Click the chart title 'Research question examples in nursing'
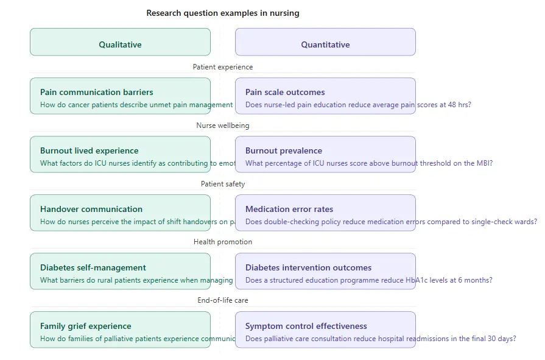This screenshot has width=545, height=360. point(223,13)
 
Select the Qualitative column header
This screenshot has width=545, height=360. point(120,44)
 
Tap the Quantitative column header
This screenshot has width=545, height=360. point(325,44)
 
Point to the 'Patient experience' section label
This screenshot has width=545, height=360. point(223,67)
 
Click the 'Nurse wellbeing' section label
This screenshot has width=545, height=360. point(223,125)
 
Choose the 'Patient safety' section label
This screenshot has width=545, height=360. point(223,184)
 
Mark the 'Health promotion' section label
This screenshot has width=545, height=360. point(223,242)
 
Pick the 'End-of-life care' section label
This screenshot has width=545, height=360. point(223,300)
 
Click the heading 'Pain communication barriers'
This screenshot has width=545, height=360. point(97,92)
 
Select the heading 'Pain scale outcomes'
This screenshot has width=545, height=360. point(285,92)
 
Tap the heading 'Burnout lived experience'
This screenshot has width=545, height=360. point(90,150)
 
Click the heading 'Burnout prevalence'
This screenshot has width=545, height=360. point(284,150)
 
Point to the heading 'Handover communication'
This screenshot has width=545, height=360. point(91,209)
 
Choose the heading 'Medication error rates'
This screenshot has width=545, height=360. point(289,209)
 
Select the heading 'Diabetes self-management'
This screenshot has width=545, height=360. point(93,267)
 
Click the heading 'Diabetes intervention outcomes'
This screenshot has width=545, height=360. point(308,267)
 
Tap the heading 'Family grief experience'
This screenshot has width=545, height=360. point(86,326)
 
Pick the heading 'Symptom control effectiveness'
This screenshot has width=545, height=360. point(306,326)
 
